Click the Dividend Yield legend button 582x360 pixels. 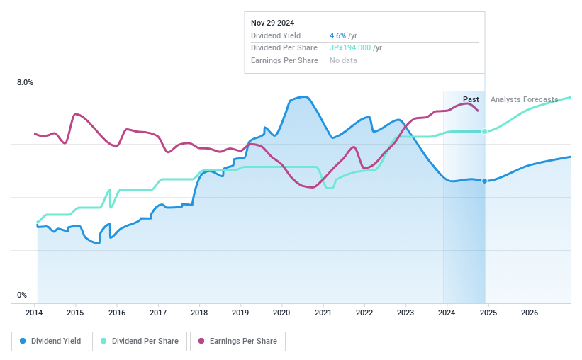click(x=51, y=341)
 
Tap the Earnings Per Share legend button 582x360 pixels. click(x=237, y=341)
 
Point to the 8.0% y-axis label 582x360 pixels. click(x=25, y=83)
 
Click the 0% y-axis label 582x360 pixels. click(x=22, y=295)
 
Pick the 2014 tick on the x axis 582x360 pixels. click(x=35, y=313)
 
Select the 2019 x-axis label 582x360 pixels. click(x=240, y=313)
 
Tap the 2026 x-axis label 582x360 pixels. click(x=529, y=313)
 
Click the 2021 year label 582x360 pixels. click(x=323, y=313)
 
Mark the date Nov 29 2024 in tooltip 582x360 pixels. click(x=272, y=23)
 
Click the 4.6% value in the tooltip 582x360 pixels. click(x=337, y=35)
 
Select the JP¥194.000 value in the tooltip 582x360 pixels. click(x=350, y=47)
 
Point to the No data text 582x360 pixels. click(x=343, y=60)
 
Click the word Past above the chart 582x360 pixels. click(x=471, y=99)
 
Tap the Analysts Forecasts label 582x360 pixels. click(x=524, y=99)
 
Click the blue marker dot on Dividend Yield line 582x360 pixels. click(x=485, y=181)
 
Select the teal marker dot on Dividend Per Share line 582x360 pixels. click(x=485, y=131)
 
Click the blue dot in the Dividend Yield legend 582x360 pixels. click(x=23, y=341)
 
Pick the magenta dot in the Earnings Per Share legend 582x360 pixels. click(x=201, y=341)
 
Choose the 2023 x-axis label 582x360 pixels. click(x=405, y=313)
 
